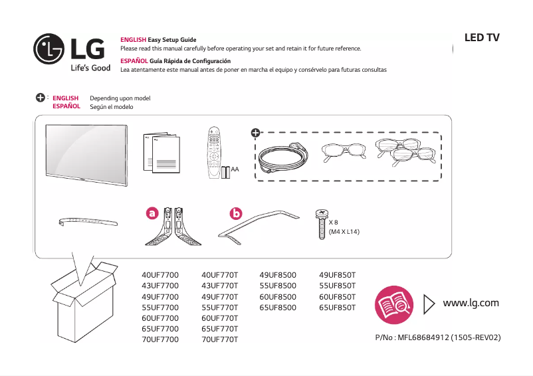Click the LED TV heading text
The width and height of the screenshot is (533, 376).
481,38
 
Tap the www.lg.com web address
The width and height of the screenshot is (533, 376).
471,303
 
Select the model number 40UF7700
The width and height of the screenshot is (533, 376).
160,274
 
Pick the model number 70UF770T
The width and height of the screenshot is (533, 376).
219,339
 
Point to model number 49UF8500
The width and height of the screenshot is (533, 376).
278,274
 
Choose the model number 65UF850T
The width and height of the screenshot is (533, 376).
337,308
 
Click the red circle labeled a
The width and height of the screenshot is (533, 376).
152,213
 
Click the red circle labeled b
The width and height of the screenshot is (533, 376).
236,213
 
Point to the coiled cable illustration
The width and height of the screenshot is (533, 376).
282,157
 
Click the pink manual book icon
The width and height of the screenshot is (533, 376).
394,304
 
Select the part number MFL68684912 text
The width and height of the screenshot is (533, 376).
438,337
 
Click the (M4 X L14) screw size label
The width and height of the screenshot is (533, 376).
344,233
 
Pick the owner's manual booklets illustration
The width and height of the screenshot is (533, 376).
161,153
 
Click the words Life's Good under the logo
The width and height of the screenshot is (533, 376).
90,68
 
